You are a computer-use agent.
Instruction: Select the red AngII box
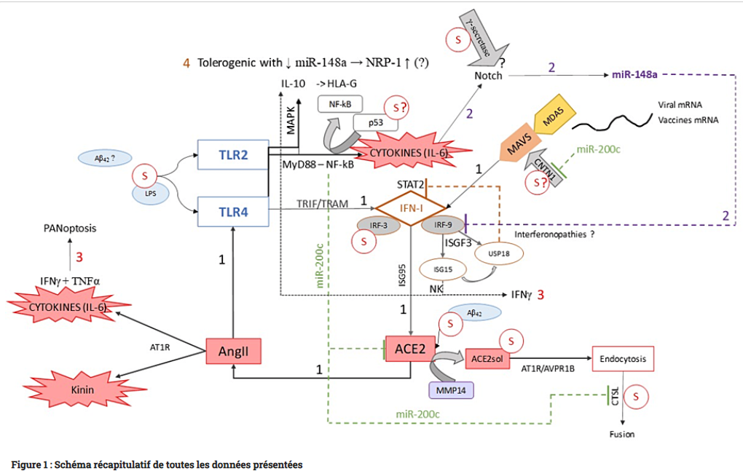pyautogui.click(x=233, y=352)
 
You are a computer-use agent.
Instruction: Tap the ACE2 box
pyautogui.click(x=410, y=349)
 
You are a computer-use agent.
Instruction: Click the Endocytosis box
pyautogui.click(x=622, y=359)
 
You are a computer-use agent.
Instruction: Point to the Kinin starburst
pyautogui.click(x=82, y=389)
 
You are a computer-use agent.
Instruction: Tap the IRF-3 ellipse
pyautogui.click(x=378, y=226)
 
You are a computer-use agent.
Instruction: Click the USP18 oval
pyautogui.click(x=495, y=254)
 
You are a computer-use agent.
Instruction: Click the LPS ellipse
pyautogui.click(x=149, y=194)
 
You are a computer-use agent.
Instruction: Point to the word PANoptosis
pyautogui.click(x=69, y=228)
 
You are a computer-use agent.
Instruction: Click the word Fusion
pyautogui.click(x=621, y=435)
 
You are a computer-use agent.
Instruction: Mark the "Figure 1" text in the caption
pyautogui.click(x=30, y=464)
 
